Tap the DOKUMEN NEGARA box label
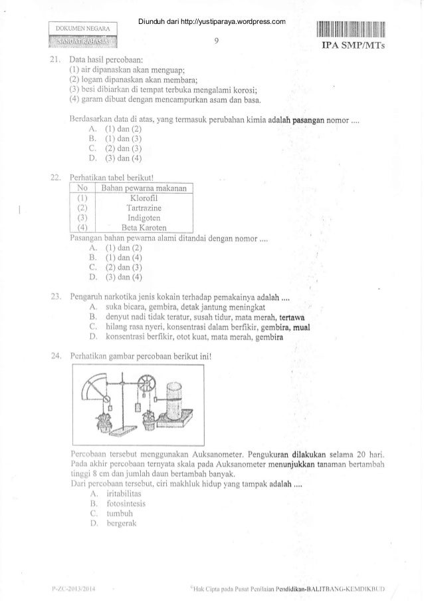83,29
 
